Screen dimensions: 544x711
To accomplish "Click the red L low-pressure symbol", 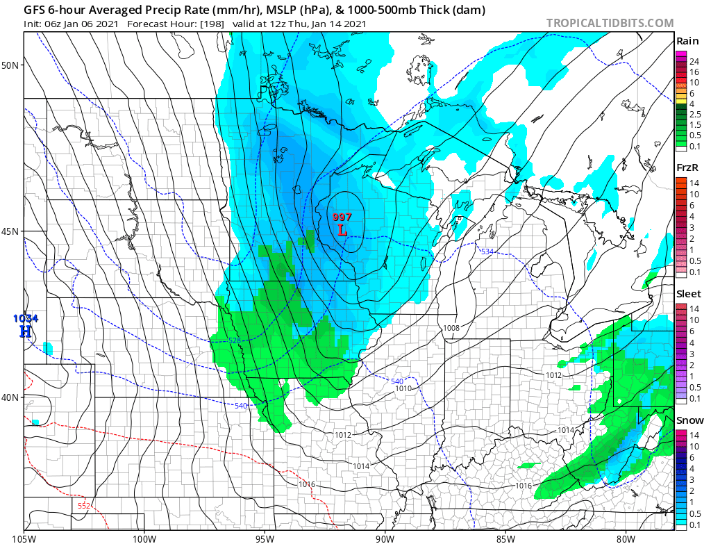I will pos(342,229).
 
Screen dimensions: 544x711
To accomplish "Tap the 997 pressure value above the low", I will pos(342,217).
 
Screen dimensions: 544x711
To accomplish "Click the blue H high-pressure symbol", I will pos(25,331).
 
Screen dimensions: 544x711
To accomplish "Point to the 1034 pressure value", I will pos(25,319).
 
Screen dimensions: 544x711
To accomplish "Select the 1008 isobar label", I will pos(451,327).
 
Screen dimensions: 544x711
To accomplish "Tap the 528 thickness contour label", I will pos(235,340).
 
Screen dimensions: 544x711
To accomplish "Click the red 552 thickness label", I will pos(83,506).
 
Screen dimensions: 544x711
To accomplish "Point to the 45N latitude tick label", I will pos(11,231).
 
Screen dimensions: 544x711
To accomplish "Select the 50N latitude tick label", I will pos(11,65).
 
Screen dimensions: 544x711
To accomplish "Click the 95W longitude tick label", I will pos(265,537).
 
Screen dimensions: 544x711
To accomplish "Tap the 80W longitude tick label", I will pos(626,537).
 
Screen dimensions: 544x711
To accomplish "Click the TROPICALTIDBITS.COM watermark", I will pos(610,23).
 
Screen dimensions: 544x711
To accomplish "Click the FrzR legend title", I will pos(688,168).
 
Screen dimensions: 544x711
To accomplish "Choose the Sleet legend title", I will pos(689,294).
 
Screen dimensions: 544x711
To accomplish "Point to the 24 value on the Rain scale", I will pos(694,62).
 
